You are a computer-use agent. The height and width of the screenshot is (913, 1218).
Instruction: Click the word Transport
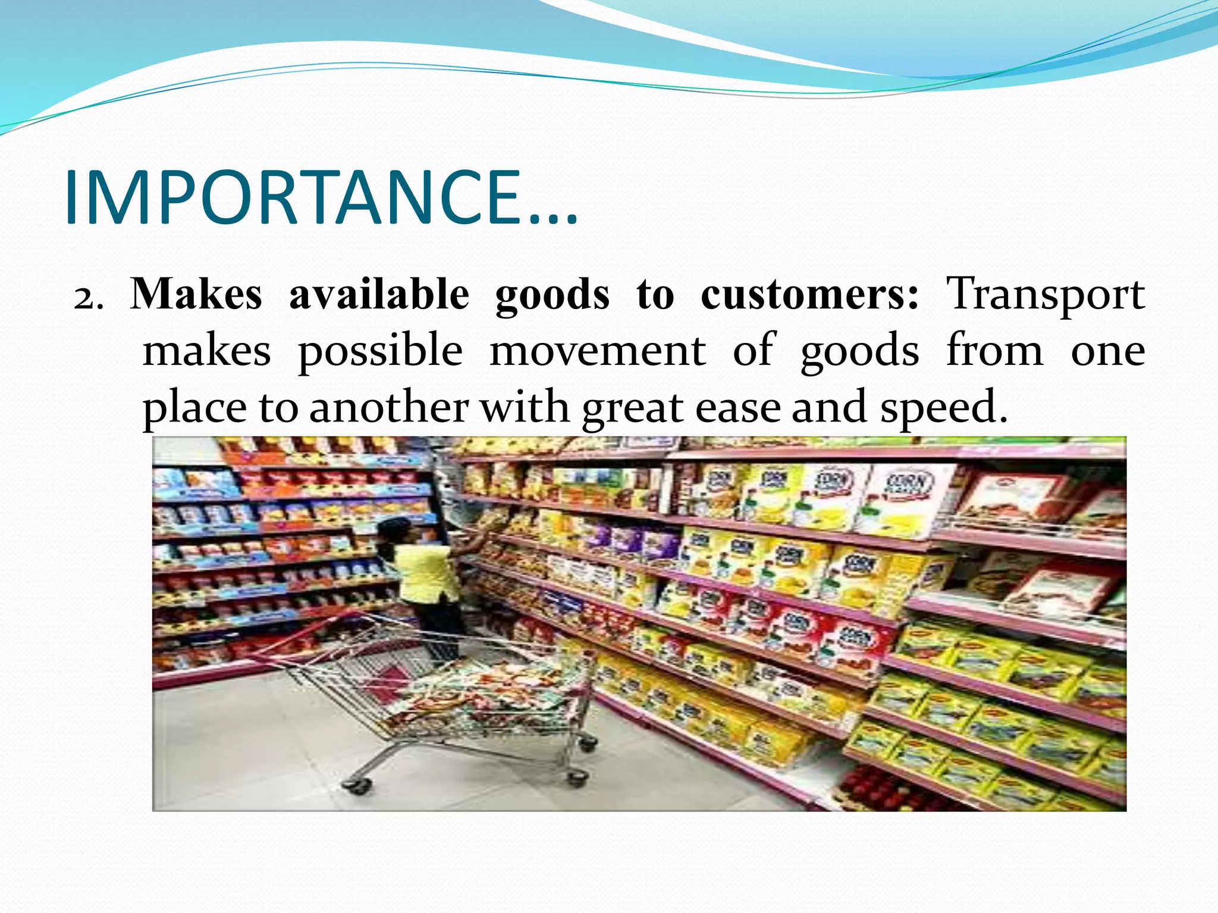[x=1045, y=295]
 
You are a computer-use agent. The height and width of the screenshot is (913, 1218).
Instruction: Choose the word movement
[x=598, y=351]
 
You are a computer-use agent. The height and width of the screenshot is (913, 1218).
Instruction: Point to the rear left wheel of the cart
[x=357, y=786]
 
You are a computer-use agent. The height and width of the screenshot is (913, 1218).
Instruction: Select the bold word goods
[x=552, y=295]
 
